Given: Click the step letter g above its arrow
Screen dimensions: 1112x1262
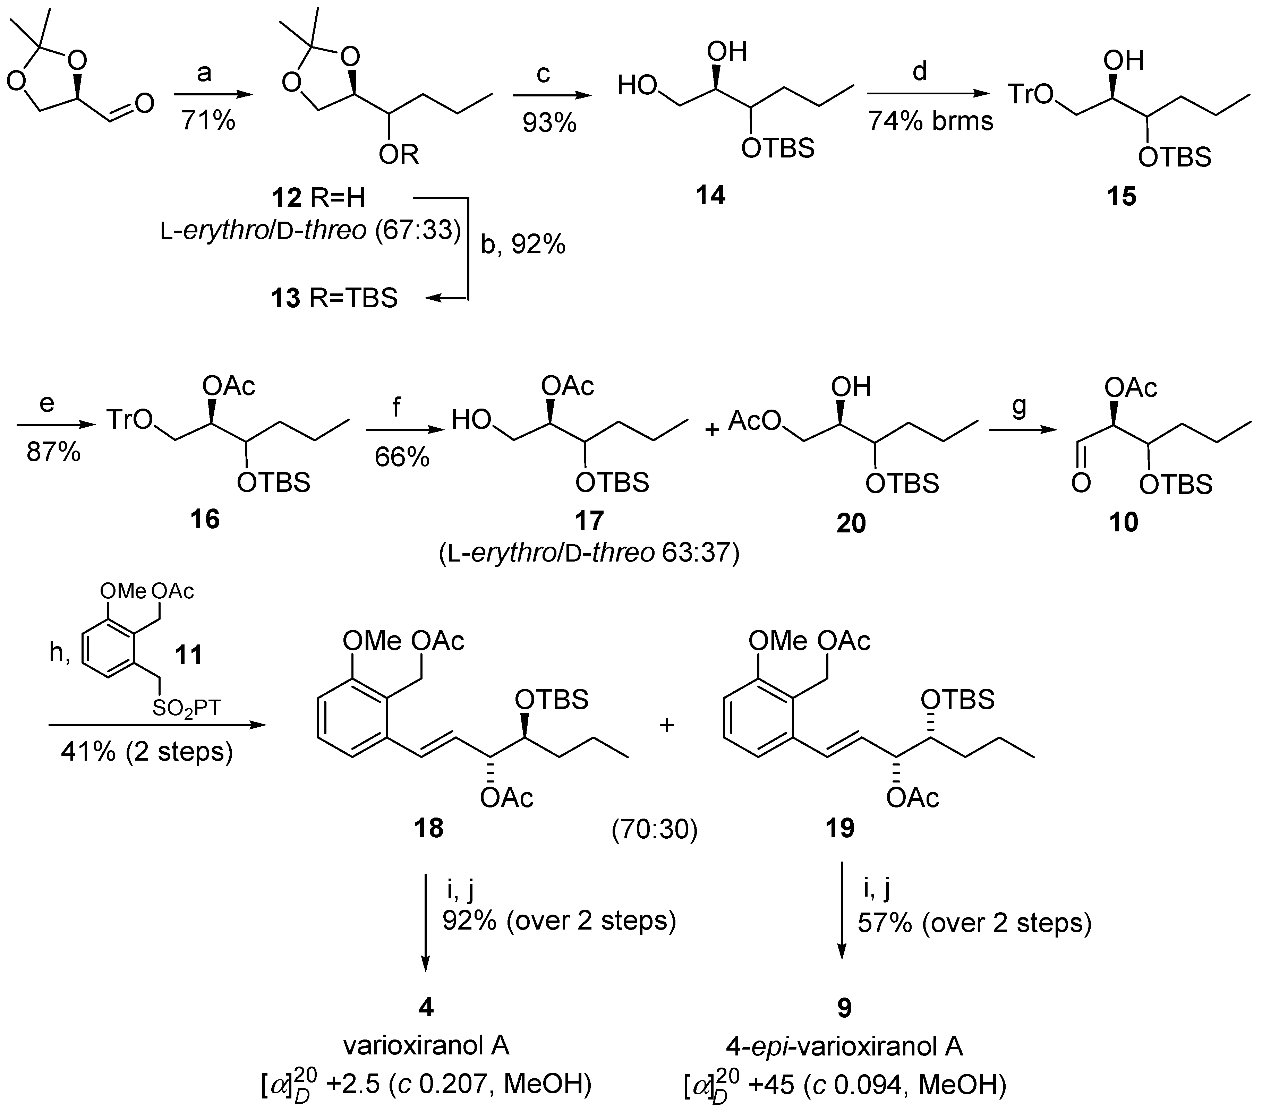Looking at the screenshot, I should coord(1020,406).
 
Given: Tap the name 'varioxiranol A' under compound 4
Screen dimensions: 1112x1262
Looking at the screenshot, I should coord(426,1045).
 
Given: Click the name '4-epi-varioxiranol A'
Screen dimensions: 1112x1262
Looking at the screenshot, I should coord(844,1045).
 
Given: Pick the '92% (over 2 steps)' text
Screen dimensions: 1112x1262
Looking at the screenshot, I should coord(559,921).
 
